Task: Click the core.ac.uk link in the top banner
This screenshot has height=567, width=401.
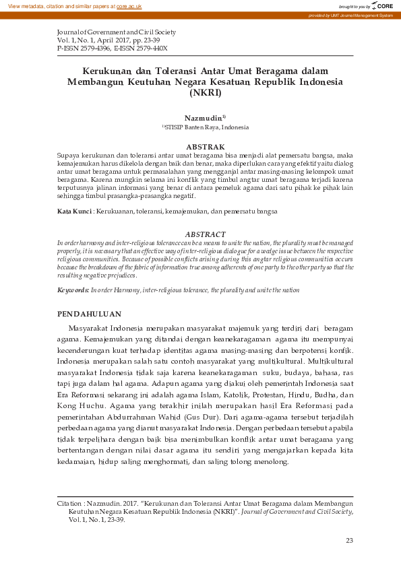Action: click(x=129, y=5)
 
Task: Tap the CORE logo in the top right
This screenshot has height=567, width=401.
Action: click(x=384, y=5)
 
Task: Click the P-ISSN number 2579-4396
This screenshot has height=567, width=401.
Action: click(x=93, y=48)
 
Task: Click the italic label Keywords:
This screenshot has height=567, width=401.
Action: click(x=73, y=290)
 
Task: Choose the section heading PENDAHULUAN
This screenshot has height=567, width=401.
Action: click(x=89, y=314)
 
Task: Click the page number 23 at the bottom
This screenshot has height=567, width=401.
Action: click(x=349, y=541)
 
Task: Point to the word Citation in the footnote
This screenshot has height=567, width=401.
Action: click(x=70, y=503)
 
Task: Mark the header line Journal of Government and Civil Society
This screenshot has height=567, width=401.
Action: click(x=116, y=32)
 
